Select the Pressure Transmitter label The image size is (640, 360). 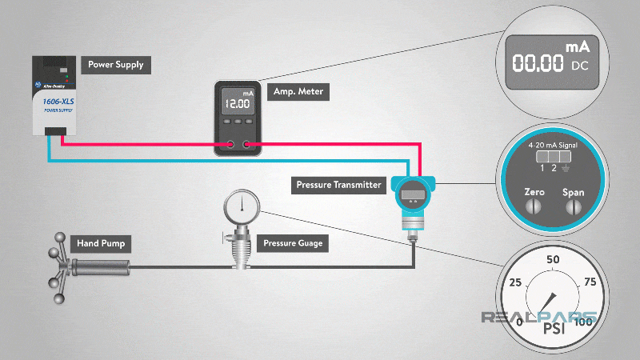pos(339,185)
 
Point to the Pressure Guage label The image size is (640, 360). pos(294,242)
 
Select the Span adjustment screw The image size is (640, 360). pos(574,206)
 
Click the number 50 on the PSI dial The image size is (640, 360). pos(553,260)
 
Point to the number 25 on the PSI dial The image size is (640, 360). pos(515,283)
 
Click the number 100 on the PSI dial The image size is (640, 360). pos(583,322)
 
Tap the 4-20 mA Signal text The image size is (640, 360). pos(553,146)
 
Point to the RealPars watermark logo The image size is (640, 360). pos(538,317)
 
